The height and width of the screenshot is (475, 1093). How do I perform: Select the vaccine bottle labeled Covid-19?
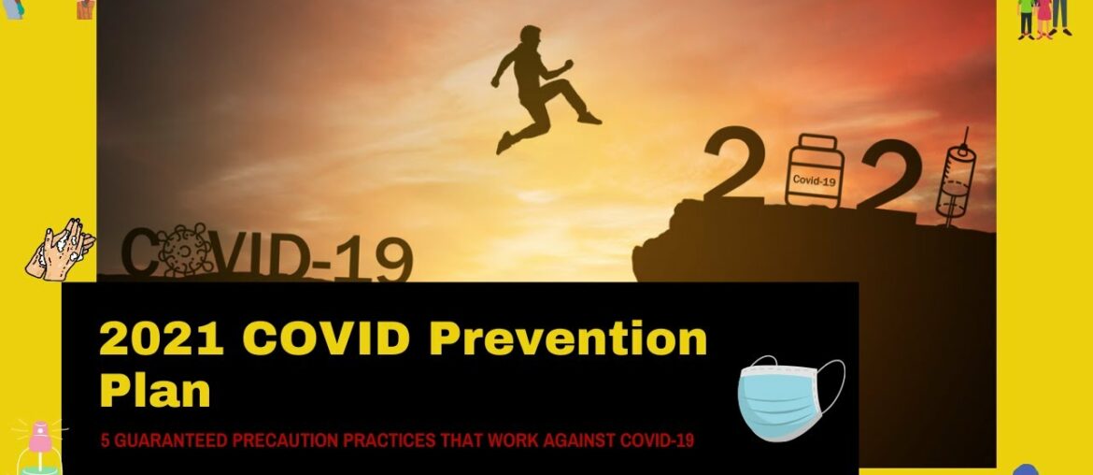click(x=814, y=171)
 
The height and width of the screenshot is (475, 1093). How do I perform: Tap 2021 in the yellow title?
click(x=162, y=339)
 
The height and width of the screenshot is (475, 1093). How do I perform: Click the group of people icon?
click(x=1044, y=17)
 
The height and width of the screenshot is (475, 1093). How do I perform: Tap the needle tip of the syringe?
click(x=966, y=133)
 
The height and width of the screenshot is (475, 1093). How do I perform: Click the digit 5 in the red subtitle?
click(x=105, y=440)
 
